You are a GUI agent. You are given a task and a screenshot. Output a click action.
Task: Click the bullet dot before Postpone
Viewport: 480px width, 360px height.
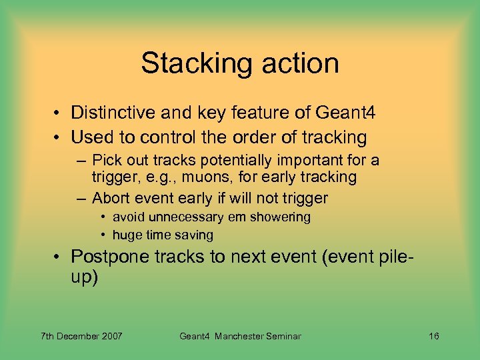[59, 257]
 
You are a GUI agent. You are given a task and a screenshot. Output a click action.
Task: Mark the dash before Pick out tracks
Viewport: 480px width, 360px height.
[82, 161]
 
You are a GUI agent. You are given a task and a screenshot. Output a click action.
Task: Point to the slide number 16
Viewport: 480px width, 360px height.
[433, 336]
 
